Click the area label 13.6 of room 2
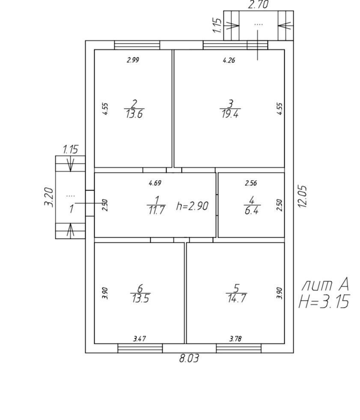pos(134,115)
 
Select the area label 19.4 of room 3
pos(230,114)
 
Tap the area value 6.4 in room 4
pos(252,210)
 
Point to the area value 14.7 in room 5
pos(236,298)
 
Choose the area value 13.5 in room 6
pos(140,299)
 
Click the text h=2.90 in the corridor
pos(192,206)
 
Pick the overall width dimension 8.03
pos(189,358)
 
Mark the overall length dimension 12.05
pos(303,197)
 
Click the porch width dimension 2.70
pos(258,5)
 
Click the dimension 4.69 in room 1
pos(155,183)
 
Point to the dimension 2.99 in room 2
pos(133,60)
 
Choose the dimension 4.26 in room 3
pos(229,60)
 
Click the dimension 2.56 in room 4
pos(251,183)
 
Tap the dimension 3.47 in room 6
pos(140,339)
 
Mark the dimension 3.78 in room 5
pos(235,339)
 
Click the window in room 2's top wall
pos(137,45)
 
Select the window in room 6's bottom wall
pos(140,348)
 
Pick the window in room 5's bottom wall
pos(238,348)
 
